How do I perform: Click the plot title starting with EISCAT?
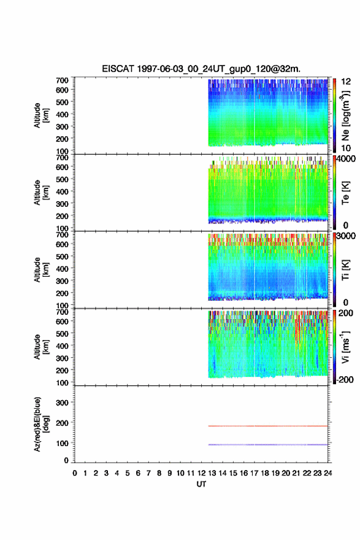pos(201,69)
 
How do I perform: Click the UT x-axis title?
pos(201,484)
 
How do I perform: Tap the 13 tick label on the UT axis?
pos(212,473)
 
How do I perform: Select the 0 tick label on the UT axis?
pos(75,473)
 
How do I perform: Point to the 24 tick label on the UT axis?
pos(328,473)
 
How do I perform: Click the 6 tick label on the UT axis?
pos(138,473)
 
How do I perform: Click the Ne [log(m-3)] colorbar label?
pos(345,115)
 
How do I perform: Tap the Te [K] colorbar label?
pos(345,193)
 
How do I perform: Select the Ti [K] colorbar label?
pos(345,269)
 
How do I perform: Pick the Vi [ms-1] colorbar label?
pos(345,347)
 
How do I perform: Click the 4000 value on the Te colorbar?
pos(346,159)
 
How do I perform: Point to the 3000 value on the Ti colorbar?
pos(346,236)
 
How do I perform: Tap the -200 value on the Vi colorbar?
pos(345,379)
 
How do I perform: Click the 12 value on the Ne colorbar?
pos(346,82)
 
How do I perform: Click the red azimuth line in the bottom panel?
pos(268,426)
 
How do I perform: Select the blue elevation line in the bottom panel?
pos(268,445)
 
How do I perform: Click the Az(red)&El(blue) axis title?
pos(41,424)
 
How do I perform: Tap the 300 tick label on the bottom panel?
pos(62,403)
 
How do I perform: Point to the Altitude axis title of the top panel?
pos(41,115)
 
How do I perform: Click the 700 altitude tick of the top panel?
pos(62,80)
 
